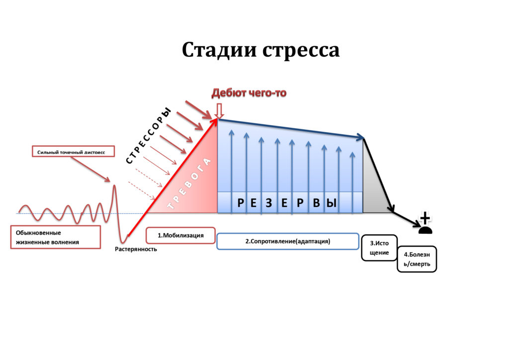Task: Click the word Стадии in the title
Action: click(219, 50)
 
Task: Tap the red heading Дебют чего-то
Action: click(249, 93)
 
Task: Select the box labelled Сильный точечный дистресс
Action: click(74, 151)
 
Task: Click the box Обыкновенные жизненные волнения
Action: click(56, 237)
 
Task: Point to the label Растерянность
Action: click(136, 249)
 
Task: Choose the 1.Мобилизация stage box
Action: click(180, 235)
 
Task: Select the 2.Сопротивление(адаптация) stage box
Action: click(288, 241)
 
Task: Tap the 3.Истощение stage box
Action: click(379, 248)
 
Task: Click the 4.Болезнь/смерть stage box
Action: click(417, 259)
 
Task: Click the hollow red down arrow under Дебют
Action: click(219, 111)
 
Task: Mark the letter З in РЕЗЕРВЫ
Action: click(269, 203)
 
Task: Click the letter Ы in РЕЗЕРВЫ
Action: click(331, 203)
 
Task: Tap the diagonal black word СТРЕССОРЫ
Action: click(148, 136)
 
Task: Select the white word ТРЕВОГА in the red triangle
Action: click(189, 183)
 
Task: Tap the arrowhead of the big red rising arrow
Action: click(214, 122)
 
